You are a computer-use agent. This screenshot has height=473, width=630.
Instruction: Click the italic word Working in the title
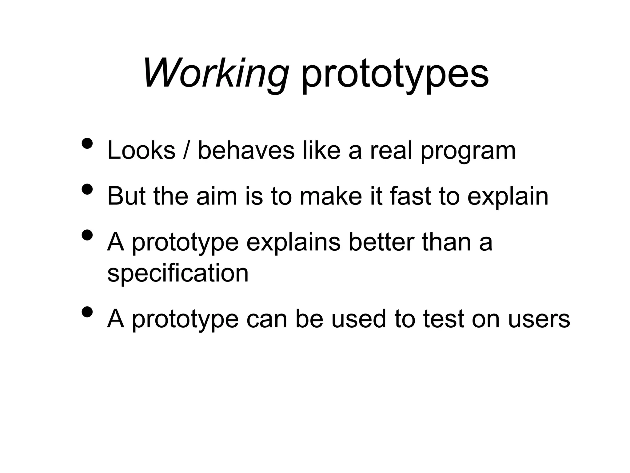pyautogui.click(x=215, y=74)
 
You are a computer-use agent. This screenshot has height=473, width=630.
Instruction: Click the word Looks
pyautogui.click(x=141, y=151)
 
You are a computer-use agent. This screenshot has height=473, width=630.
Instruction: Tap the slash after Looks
pyautogui.click(x=185, y=151)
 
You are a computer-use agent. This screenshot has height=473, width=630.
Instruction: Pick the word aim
pyautogui.click(x=217, y=196)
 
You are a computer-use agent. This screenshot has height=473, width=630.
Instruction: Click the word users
pyautogui.click(x=539, y=320)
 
